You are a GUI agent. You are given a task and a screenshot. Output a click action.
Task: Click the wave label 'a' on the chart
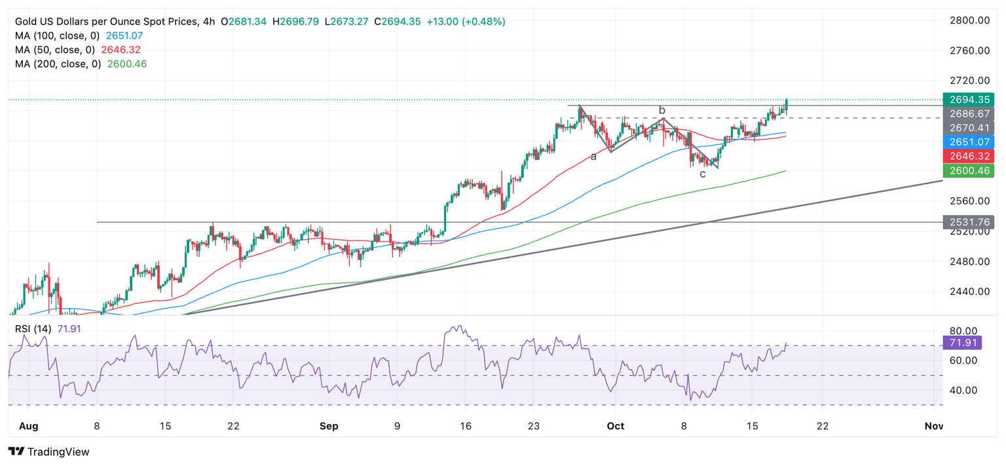[593, 157]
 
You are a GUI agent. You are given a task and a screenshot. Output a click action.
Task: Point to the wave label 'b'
[662, 110]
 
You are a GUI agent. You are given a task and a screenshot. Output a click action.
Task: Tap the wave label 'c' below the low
[703, 174]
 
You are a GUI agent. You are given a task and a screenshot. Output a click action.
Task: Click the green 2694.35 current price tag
[968, 100]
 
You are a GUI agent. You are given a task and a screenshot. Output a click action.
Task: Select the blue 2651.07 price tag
[968, 142]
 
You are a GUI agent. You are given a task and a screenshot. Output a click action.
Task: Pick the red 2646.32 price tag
[968, 156]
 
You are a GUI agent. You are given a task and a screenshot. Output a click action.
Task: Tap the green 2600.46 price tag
[968, 171]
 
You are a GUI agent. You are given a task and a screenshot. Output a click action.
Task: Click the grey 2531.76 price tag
[968, 222]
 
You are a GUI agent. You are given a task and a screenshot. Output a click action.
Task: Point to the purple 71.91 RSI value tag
[968, 342]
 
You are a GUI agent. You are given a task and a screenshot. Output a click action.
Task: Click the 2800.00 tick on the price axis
[969, 20]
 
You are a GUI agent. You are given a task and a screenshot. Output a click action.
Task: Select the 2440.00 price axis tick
[969, 292]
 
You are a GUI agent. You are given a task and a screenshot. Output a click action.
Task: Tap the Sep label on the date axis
[329, 426]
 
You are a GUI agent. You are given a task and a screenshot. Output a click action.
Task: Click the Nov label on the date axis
[933, 426]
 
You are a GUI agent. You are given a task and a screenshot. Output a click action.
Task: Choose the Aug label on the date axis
[29, 426]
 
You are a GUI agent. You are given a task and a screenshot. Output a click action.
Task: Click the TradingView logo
[49, 452]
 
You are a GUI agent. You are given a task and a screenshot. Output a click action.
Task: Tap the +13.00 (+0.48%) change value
[466, 22]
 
